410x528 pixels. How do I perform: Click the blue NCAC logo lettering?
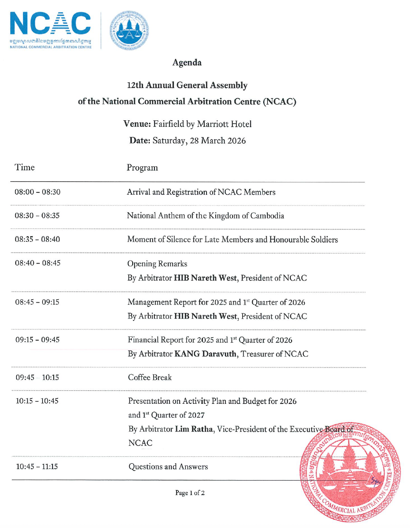(x=50, y=24)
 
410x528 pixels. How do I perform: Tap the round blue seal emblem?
(x=129, y=31)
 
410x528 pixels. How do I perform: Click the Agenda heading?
(x=187, y=62)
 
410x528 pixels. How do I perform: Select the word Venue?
(x=137, y=124)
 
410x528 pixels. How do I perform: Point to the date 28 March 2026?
(x=218, y=141)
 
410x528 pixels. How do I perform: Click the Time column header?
(x=25, y=167)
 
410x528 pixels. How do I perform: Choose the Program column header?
(x=142, y=168)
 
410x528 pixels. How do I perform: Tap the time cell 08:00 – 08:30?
(x=38, y=192)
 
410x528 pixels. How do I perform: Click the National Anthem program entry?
(x=205, y=216)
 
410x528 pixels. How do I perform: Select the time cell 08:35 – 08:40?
(x=38, y=239)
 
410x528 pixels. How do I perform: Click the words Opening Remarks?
(x=157, y=264)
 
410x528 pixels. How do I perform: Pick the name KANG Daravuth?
(x=205, y=354)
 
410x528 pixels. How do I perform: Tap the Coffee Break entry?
(x=150, y=377)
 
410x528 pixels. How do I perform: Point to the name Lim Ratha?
(x=194, y=429)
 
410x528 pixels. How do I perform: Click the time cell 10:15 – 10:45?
(x=37, y=401)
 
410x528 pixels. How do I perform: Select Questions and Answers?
(x=168, y=467)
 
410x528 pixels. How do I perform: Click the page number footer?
(x=190, y=493)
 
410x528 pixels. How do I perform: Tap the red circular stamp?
(x=350, y=472)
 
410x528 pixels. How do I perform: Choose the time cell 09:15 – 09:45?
(x=38, y=340)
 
